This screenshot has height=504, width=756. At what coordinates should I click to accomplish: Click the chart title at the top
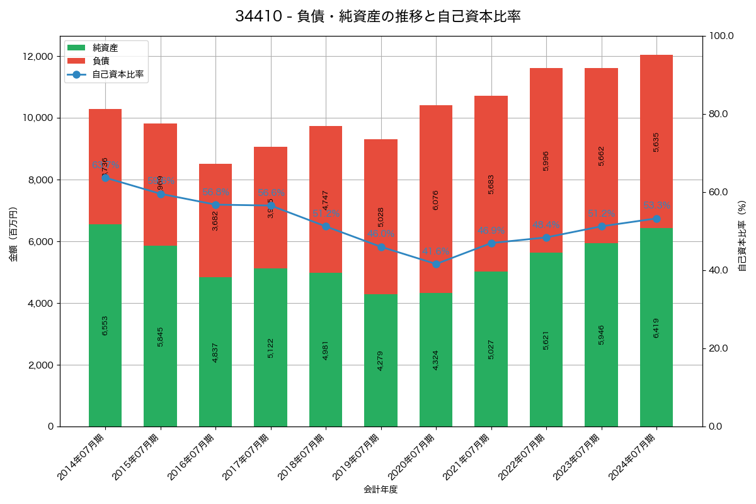(x=378, y=16)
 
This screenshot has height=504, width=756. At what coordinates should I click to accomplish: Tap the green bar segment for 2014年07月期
(x=105, y=325)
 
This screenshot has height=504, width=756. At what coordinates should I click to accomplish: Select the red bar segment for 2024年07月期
(x=656, y=141)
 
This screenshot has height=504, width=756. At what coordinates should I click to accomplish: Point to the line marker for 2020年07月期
(x=436, y=264)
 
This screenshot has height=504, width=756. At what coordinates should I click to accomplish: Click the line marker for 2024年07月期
(x=656, y=219)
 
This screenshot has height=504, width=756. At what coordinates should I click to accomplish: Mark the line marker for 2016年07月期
(x=215, y=205)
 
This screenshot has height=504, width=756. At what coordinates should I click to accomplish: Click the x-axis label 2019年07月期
(x=357, y=457)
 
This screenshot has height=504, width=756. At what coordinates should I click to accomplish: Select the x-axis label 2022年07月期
(x=522, y=457)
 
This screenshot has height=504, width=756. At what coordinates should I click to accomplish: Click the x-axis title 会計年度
(x=381, y=490)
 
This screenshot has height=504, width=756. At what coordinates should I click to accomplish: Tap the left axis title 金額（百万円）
(x=13, y=234)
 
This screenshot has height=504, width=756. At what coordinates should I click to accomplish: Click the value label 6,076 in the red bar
(x=436, y=200)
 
